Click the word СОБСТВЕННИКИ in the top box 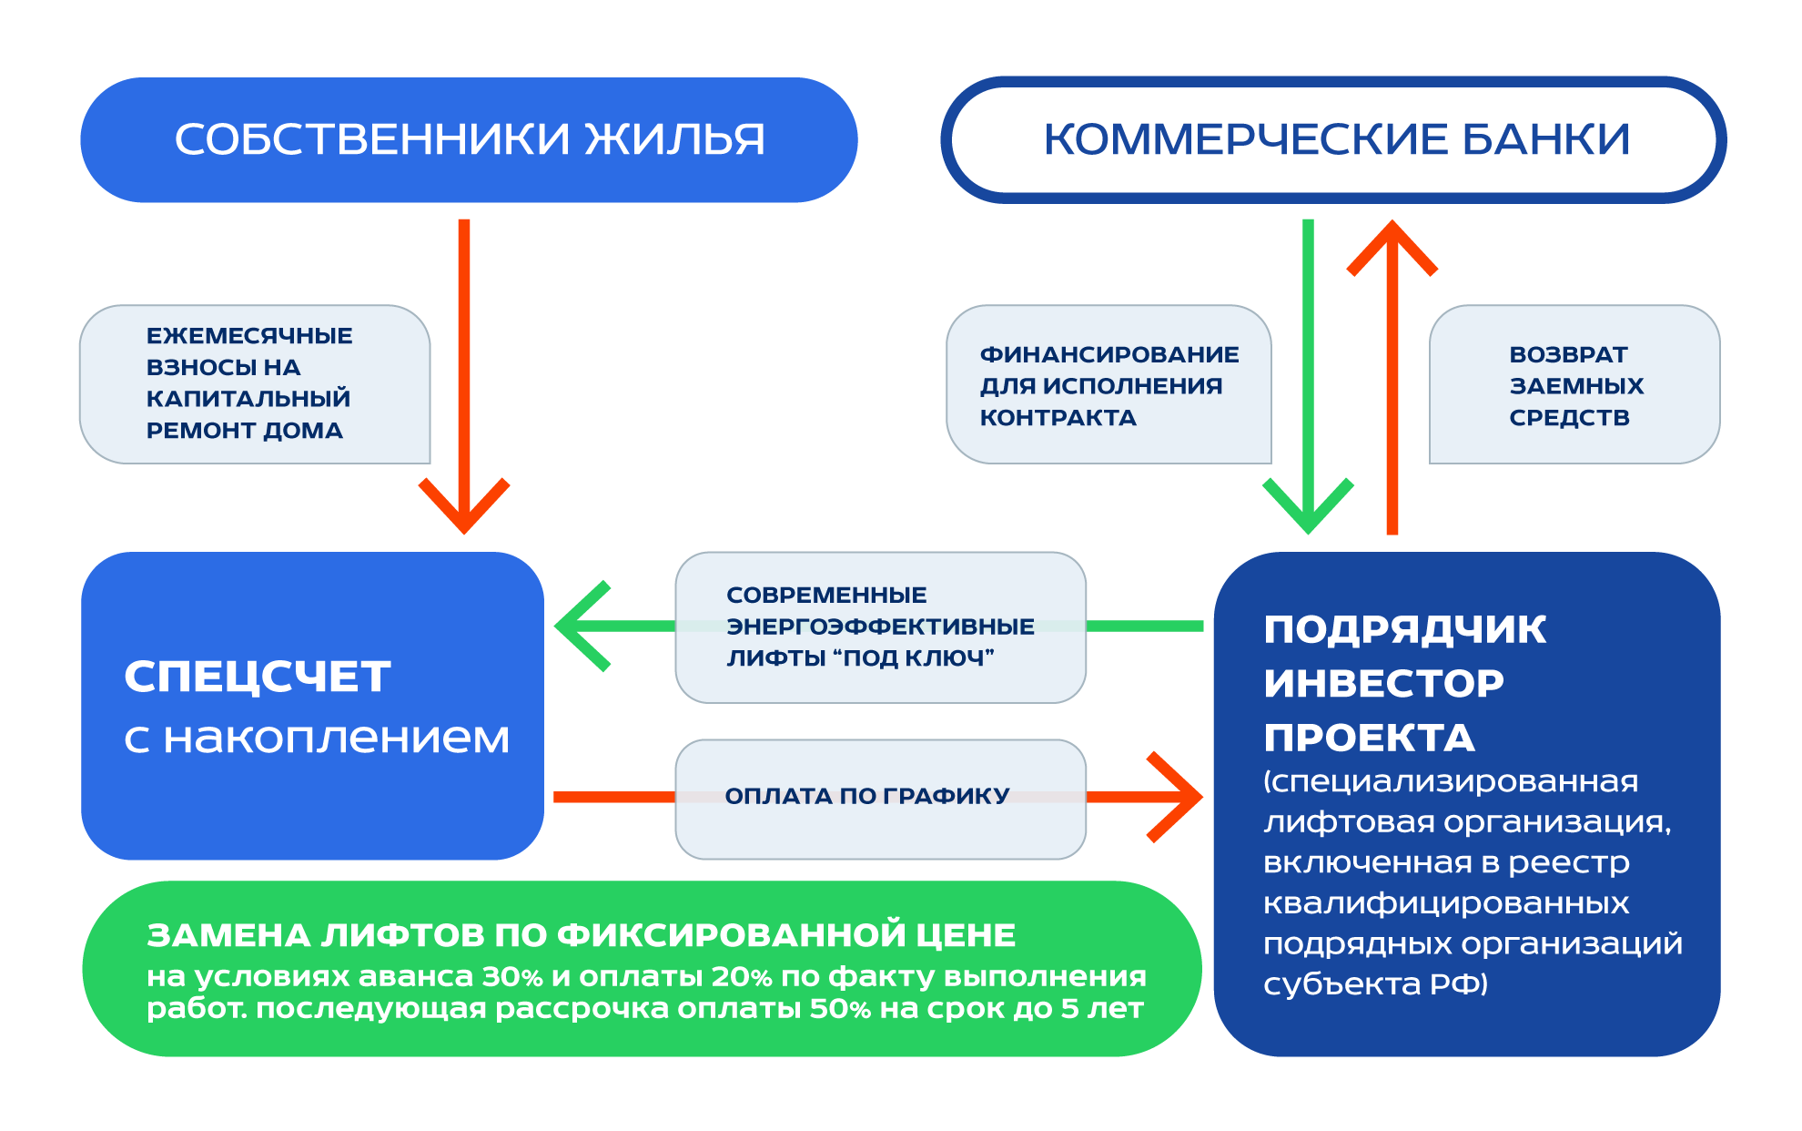click(371, 139)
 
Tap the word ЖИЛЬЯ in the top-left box click(674, 139)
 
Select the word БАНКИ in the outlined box click(1544, 139)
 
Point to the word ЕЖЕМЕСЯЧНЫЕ click(249, 336)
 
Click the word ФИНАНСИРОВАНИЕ click(1109, 354)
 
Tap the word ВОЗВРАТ click(1568, 354)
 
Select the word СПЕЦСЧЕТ click(258, 677)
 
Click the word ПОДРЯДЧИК click(1404, 629)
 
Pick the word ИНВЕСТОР click(1383, 683)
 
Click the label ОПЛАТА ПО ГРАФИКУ click(866, 796)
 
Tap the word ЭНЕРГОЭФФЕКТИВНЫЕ click(880, 627)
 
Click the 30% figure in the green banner click(512, 976)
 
